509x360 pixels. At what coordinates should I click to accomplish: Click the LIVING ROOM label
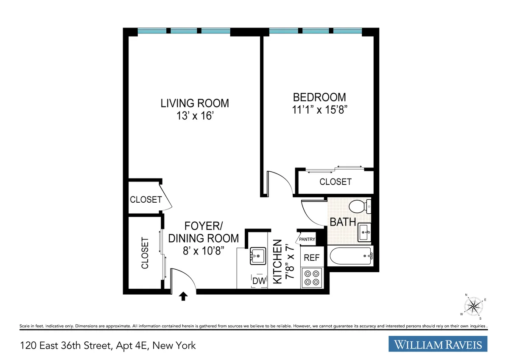click(194, 103)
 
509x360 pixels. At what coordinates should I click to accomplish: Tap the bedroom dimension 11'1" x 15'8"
click(319, 109)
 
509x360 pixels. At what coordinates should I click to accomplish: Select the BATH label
click(343, 222)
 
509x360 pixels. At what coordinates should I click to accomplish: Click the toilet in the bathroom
click(359, 207)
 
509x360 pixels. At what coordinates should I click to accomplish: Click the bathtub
click(350, 256)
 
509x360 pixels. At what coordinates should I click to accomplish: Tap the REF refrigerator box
click(311, 257)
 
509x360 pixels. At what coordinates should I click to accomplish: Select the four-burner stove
click(311, 278)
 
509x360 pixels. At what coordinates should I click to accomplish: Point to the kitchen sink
click(257, 255)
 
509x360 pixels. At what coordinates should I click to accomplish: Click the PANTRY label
click(307, 239)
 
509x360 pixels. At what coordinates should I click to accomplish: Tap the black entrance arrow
click(183, 296)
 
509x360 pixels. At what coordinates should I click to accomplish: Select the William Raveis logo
click(438, 344)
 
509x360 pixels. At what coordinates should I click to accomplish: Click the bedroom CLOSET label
click(335, 182)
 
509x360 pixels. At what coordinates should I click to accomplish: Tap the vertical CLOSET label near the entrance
click(145, 253)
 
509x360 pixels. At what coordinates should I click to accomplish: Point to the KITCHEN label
click(277, 261)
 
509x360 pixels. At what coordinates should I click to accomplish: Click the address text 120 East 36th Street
click(108, 346)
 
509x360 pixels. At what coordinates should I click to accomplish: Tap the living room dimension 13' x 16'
click(194, 116)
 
